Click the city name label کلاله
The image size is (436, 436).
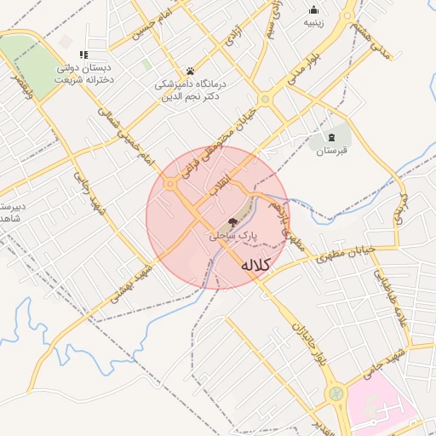[x=255, y=266]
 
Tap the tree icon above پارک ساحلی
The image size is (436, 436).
[x=234, y=221]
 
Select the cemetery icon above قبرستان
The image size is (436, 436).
[x=331, y=137]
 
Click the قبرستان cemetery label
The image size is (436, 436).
[x=332, y=152]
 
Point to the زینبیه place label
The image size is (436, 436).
[x=314, y=23]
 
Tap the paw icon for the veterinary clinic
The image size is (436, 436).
[x=190, y=71]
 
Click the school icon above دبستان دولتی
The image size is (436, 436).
[x=83, y=54]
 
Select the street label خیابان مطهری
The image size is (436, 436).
[x=347, y=254]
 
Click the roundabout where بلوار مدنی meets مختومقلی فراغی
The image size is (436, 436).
[x=266, y=100]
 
